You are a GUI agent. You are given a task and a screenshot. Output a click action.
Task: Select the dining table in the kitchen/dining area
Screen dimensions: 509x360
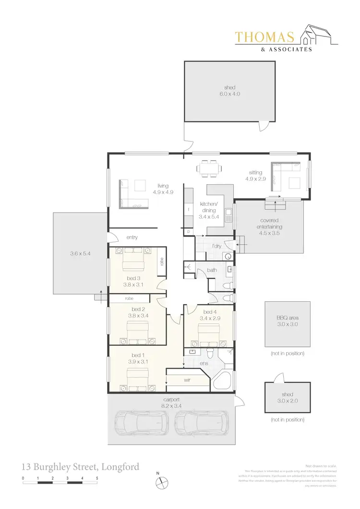tap(209, 168)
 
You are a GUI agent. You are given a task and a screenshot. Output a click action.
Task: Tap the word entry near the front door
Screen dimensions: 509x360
tap(132, 237)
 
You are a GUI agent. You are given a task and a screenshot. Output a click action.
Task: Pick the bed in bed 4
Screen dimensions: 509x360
tap(208, 334)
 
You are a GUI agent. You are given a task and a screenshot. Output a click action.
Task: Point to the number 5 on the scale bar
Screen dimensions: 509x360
tap(97, 478)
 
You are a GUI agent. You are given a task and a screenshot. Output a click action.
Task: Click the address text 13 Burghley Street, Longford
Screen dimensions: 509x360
tap(81, 466)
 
